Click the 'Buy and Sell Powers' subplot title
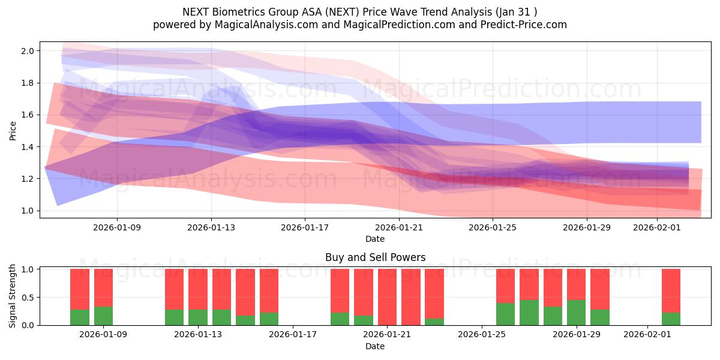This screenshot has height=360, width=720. (375, 257)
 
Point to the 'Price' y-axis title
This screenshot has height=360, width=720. (13, 130)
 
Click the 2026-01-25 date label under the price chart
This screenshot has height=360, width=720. (493, 227)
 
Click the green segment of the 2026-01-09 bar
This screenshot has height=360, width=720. (103, 316)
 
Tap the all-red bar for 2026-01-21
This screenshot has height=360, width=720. (387, 297)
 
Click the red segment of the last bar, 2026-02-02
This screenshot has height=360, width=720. (671, 290)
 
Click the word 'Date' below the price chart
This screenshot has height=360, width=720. (375, 239)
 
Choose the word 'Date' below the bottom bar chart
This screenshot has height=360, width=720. (375, 346)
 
